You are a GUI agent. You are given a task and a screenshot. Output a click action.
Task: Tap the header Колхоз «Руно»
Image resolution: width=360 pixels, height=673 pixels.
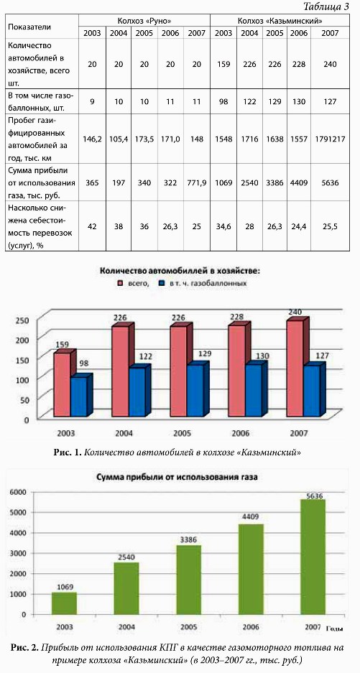(144, 20)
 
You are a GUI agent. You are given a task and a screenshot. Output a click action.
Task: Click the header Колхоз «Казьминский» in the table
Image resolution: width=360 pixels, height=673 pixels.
(280, 20)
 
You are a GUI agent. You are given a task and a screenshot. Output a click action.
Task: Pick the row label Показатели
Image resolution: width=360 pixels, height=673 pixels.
(29, 27)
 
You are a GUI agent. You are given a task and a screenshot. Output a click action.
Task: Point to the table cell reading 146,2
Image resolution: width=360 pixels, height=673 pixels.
(92, 139)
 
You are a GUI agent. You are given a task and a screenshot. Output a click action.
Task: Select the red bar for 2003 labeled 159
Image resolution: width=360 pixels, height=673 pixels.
(61, 384)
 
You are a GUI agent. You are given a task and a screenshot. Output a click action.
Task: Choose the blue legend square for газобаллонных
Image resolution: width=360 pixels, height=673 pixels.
(162, 284)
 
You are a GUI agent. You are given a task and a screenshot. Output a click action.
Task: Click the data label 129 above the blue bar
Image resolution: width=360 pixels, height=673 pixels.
(200, 353)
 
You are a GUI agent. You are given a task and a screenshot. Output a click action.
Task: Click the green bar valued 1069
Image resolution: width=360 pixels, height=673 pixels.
(65, 603)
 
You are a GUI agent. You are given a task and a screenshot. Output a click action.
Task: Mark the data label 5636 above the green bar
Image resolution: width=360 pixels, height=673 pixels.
(313, 496)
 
